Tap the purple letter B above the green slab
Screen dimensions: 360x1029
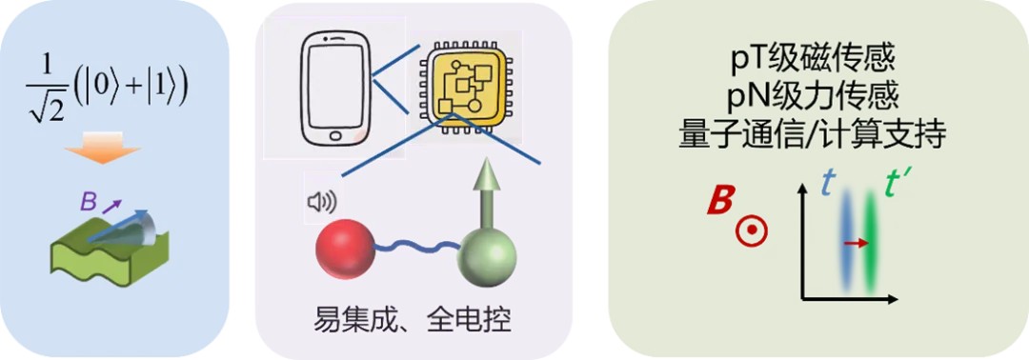point(88,201)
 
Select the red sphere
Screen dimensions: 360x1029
point(345,250)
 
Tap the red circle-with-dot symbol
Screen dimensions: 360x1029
point(752,230)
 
